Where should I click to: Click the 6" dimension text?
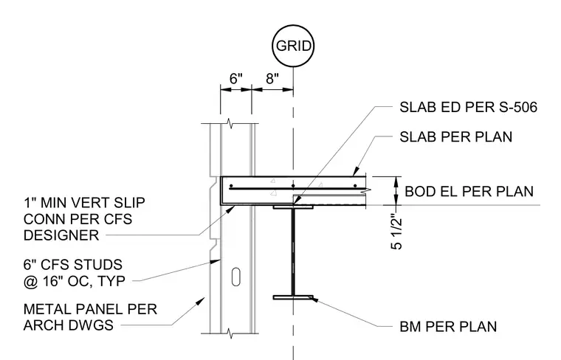pyautogui.click(x=235, y=79)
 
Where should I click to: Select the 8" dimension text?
pyautogui.click(x=272, y=79)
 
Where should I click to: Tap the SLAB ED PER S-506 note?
pyautogui.click(x=468, y=107)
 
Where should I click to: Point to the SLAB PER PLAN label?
pyautogui.click(x=456, y=137)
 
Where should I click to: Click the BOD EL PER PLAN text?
pyautogui.click(x=469, y=191)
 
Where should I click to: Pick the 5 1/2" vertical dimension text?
pyautogui.click(x=397, y=232)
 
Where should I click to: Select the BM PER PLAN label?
pyautogui.click(x=448, y=326)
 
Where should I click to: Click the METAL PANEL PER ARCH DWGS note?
pyautogui.click(x=90, y=317)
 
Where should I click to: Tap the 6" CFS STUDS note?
pyautogui.click(x=75, y=273)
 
